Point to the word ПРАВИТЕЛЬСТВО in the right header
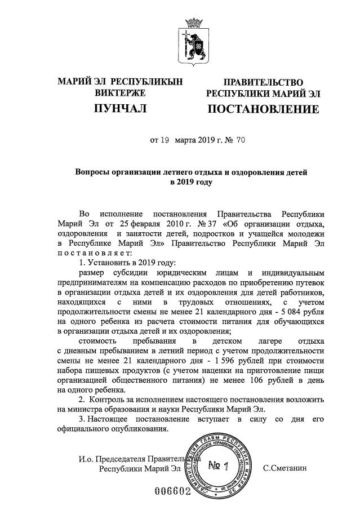(x=264, y=82)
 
